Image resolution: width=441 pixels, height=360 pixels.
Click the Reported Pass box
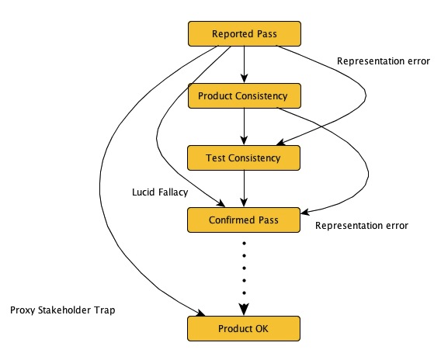pyautogui.click(x=244, y=34)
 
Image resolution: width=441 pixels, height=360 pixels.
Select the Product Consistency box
pyautogui.click(x=244, y=96)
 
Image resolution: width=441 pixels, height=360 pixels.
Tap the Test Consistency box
pyautogui.click(x=244, y=157)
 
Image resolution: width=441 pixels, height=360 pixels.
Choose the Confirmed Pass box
pyautogui.click(x=244, y=220)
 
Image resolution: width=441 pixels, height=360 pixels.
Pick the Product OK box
pyautogui.click(x=244, y=328)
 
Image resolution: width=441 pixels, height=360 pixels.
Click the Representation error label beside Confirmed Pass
pyautogui.click(x=361, y=226)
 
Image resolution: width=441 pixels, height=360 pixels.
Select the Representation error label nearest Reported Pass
pyautogui.click(x=383, y=61)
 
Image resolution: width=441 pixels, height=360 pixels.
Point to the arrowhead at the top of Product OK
pyautogui.click(x=244, y=310)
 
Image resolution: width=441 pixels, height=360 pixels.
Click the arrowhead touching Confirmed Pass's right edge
pyautogui.click(x=304, y=211)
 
